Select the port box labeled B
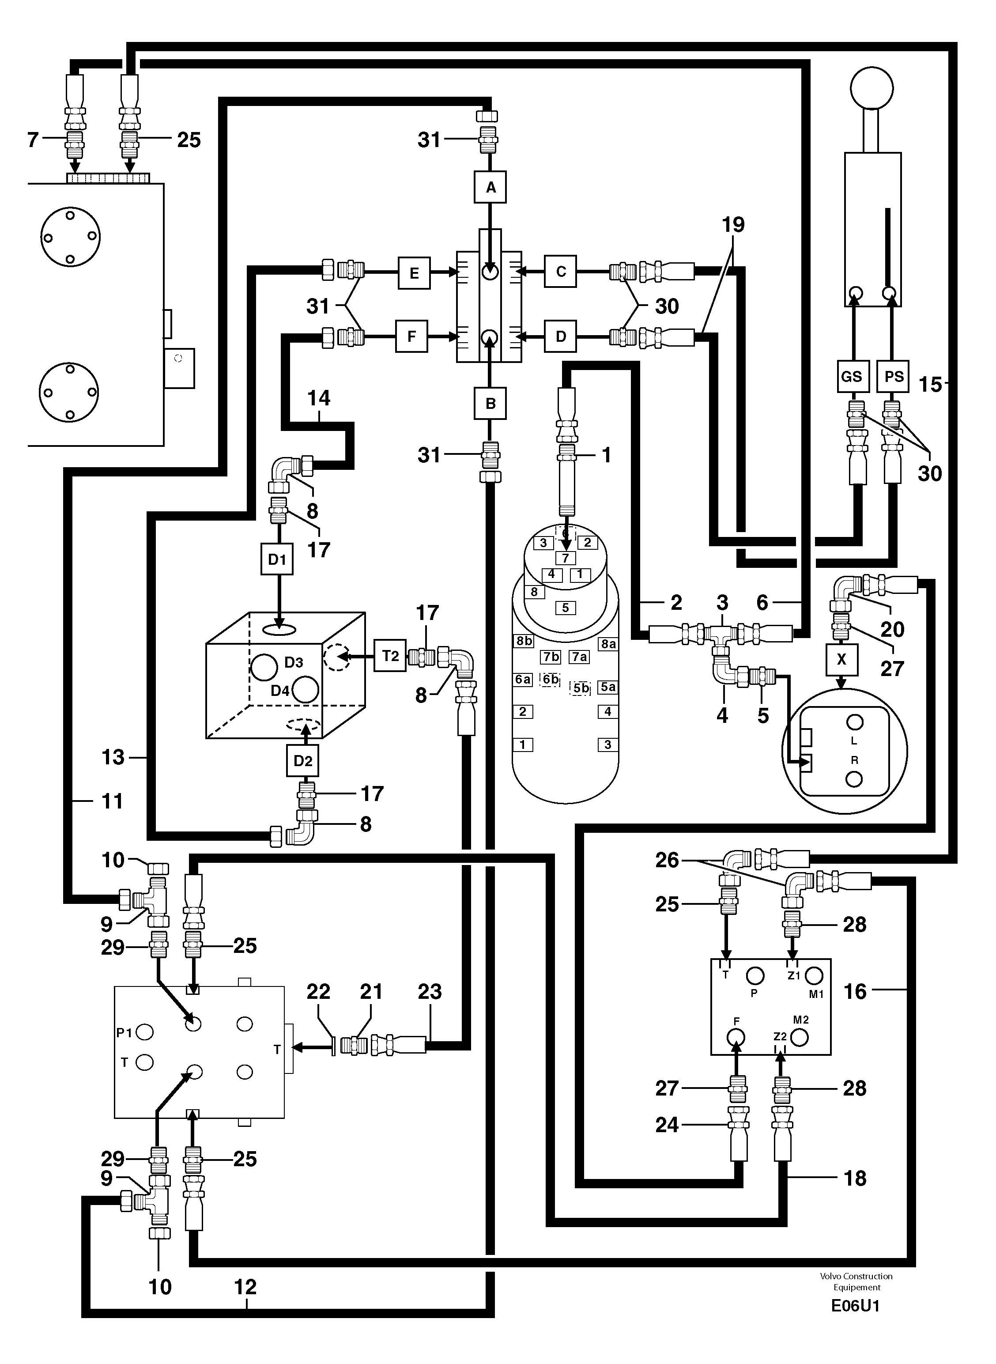point(490,404)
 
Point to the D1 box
point(277,559)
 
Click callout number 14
point(319,398)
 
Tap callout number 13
point(113,756)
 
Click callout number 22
point(318,991)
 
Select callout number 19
point(733,225)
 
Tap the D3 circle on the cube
point(264,667)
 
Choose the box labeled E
point(414,272)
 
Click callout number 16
point(855,991)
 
